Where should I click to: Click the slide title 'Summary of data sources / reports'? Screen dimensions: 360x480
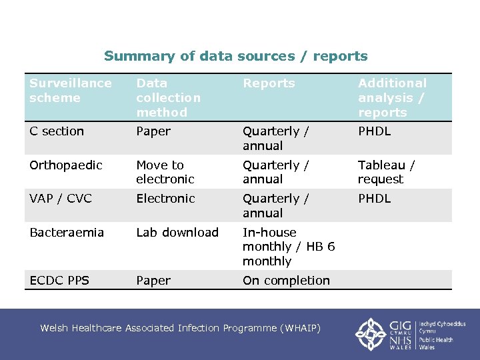235,57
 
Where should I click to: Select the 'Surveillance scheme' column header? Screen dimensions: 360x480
71,91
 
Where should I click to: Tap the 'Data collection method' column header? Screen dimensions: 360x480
168,97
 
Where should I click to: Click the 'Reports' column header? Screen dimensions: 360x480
269,83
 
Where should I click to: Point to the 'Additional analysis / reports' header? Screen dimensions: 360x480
392,97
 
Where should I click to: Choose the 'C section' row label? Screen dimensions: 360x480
57,131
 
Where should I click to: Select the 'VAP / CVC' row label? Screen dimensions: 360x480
61,199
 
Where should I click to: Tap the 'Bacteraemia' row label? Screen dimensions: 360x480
67,232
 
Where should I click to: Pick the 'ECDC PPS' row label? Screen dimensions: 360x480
59,281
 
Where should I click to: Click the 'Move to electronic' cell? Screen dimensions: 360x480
165,172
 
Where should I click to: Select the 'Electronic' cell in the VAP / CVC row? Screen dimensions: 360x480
165,199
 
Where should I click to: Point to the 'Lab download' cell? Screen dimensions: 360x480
177,232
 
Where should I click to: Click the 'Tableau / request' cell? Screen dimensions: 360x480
386,172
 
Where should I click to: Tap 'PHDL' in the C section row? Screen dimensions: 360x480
374,131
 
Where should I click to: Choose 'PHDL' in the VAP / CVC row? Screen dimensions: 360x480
374,199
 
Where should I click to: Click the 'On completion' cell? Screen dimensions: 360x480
286,281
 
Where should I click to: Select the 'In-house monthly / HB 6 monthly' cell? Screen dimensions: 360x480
288,247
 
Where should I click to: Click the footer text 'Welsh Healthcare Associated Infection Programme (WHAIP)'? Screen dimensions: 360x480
180,328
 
